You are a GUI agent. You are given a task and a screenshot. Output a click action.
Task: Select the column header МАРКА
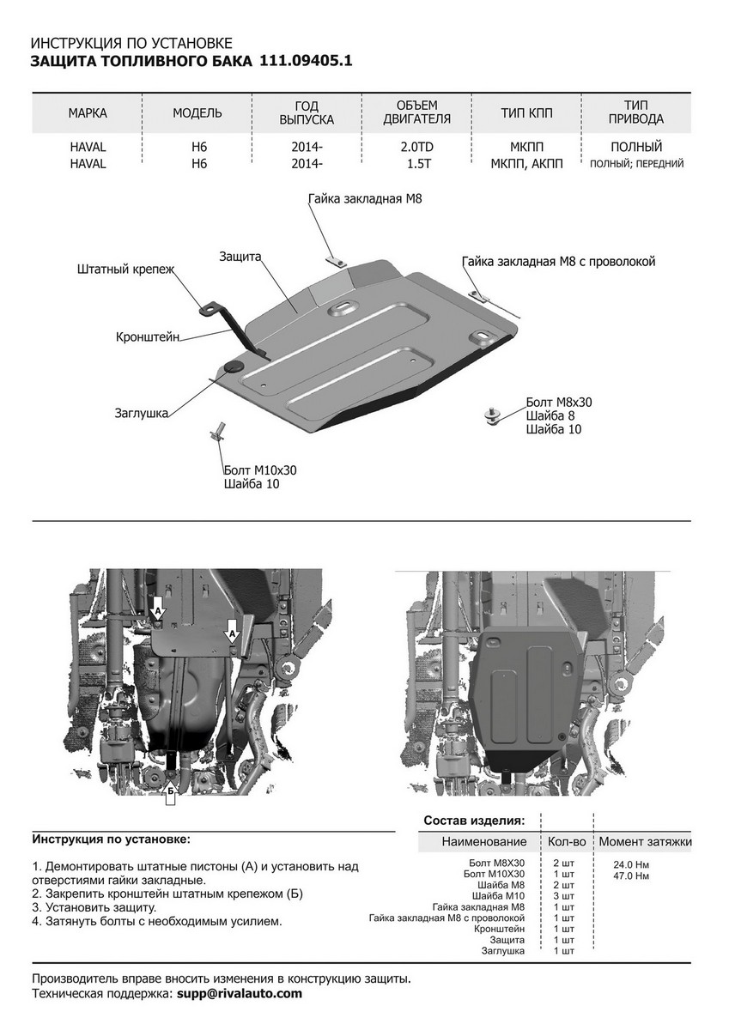[x=87, y=113]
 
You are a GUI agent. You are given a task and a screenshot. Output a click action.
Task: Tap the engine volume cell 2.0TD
[x=416, y=147]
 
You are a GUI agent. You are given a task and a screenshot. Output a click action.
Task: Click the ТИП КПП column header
[x=527, y=113]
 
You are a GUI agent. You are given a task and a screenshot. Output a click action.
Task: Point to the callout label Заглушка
[x=140, y=412]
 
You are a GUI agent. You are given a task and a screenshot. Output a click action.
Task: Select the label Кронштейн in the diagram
[x=148, y=338]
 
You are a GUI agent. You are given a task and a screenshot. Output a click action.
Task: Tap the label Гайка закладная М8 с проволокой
[x=558, y=262]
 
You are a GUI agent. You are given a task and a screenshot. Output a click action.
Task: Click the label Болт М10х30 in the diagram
[x=259, y=470]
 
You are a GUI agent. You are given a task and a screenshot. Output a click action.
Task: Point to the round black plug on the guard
[x=234, y=367]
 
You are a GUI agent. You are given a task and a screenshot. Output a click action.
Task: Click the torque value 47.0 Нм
[x=631, y=876]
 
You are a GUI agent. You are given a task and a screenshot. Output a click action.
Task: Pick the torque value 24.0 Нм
[x=631, y=864]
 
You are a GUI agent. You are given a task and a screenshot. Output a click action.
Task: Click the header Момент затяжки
[x=645, y=842]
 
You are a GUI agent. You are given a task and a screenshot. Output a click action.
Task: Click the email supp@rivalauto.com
[x=240, y=993]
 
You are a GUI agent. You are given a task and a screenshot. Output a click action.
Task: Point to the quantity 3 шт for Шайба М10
[x=563, y=896]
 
